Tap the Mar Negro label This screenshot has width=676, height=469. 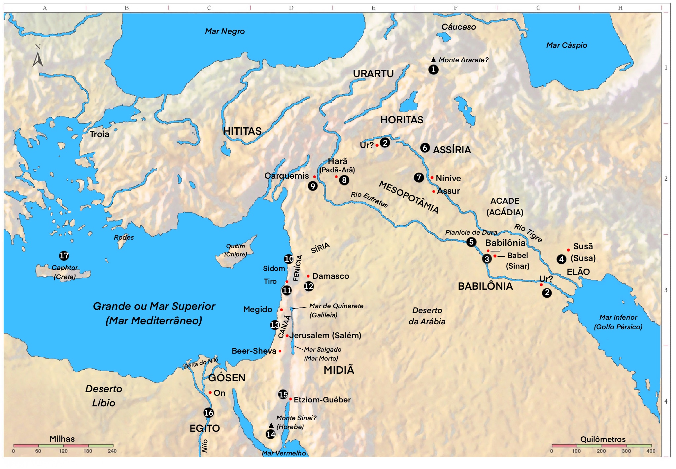point(225,31)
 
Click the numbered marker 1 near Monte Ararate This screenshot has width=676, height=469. point(433,70)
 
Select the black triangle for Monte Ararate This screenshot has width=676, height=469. point(433,60)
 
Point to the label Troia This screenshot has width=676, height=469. point(99,134)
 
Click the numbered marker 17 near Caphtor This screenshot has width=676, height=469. point(64,256)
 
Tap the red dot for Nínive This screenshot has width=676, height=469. point(432,178)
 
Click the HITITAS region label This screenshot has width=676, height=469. point(242,131)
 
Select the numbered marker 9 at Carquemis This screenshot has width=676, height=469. point(313,186)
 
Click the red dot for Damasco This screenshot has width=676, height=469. point(308,276)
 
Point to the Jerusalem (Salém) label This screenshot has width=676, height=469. point(325,336)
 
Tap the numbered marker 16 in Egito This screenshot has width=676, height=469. point(209,413)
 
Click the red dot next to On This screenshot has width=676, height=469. point(210,393)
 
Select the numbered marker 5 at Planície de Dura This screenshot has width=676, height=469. point(471,242)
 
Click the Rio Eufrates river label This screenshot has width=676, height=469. point(369,199)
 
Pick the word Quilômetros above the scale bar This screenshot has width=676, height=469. point(603,439)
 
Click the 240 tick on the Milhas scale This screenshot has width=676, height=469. point(112,451)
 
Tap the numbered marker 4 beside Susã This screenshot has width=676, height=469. point(561,259)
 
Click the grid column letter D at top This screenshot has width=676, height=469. point(291,8)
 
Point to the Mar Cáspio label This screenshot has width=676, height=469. point(566,45)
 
